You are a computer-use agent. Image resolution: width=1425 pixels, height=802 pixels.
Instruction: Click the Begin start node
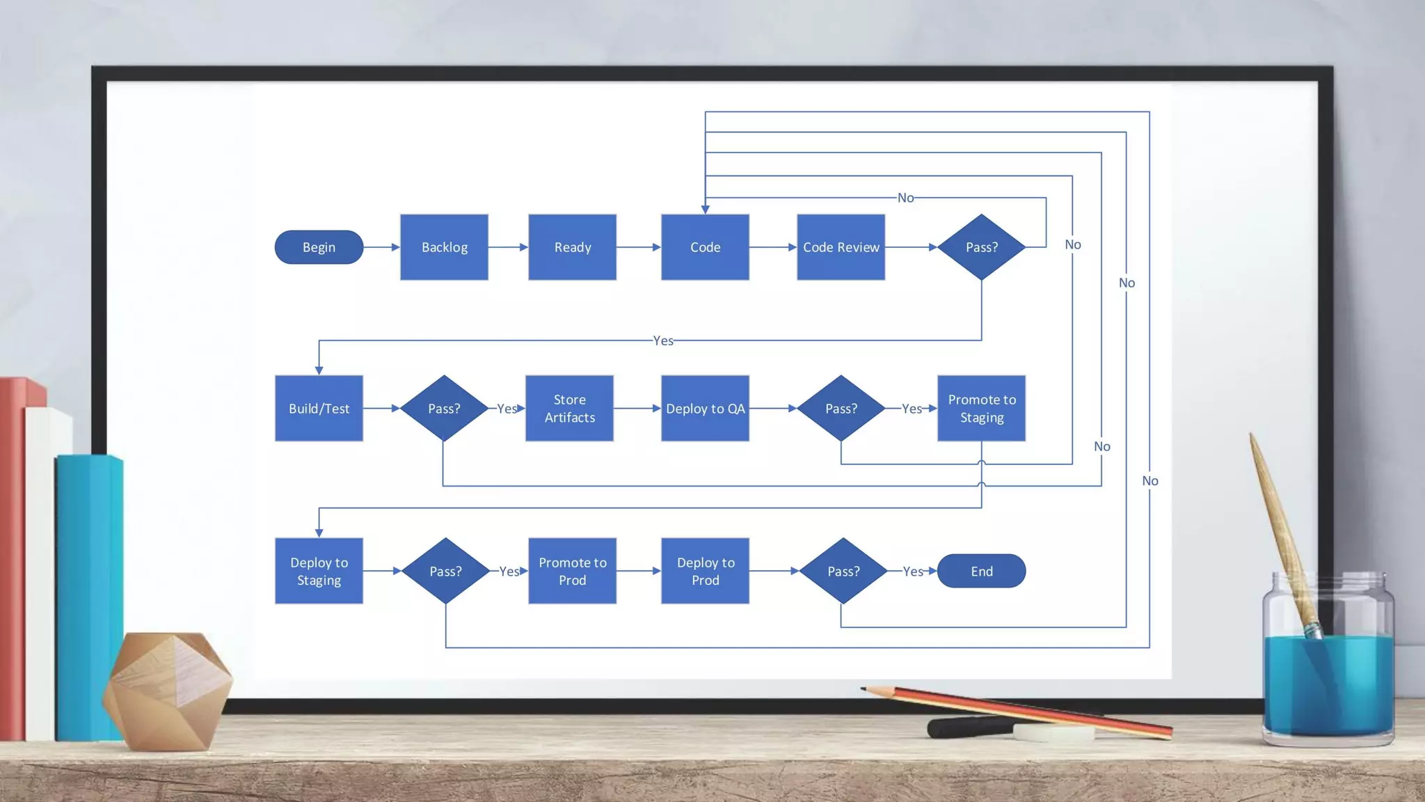click(319, 247)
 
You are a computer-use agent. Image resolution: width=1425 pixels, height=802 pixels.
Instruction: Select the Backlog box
click(444, 247)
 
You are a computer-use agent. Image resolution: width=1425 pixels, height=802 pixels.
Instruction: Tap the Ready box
click(572, 247)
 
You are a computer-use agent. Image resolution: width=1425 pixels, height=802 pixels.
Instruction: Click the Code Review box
click(841, 247)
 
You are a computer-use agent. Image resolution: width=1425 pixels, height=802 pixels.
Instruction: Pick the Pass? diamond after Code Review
click(981, 247)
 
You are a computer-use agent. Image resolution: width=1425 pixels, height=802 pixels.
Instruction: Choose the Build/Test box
click(319, 409)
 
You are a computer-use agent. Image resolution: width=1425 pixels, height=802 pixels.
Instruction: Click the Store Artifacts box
click(569, 409)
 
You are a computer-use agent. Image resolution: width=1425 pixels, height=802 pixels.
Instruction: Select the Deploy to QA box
click(705, 409)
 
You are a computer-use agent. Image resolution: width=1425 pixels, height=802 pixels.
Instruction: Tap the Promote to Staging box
click(981, 409)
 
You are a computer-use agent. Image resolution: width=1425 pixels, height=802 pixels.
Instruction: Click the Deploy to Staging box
click(319, 571)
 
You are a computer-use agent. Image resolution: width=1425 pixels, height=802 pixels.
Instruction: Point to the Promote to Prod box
click(572, 571)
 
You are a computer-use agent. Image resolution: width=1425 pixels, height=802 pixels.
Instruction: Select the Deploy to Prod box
click(705, 571)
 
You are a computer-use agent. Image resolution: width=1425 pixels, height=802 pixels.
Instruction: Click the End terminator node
click(981, 571)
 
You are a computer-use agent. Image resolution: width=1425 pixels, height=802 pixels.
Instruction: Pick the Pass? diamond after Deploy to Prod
click(843, 571)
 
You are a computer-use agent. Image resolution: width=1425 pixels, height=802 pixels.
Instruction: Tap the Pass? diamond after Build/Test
click(444, 409)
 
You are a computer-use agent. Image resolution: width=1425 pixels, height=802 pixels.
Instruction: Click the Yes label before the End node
click(913, 572)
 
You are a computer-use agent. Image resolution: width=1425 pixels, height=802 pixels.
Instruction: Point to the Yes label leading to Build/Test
click(663, 340)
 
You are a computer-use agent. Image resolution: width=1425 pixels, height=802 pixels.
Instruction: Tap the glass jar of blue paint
click(1328, 668)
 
